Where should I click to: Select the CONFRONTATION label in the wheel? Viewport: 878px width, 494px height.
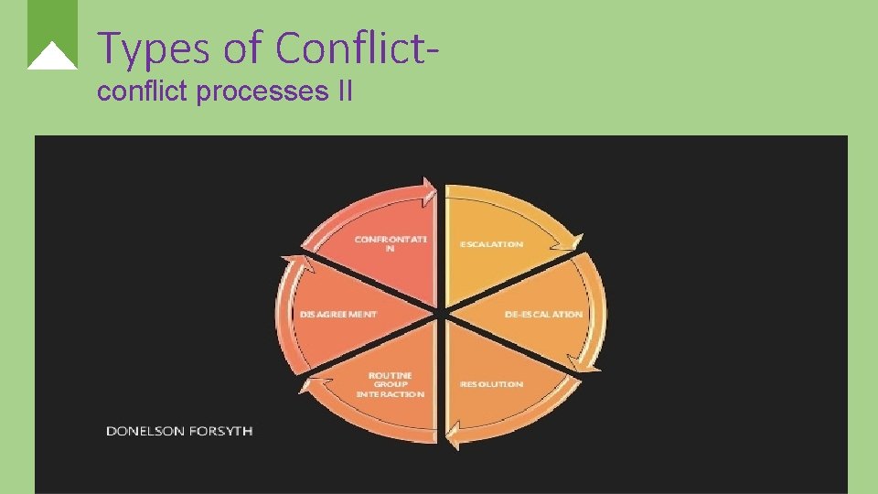coord(391,244)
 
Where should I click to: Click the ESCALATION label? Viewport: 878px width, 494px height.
coord(492,244)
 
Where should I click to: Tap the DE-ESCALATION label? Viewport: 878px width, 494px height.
coord(543,314)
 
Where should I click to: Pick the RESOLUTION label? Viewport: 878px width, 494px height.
coord(492,384)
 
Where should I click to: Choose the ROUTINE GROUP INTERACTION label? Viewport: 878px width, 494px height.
coord(391,384)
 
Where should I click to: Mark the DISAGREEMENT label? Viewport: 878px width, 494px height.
coord(338,314)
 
